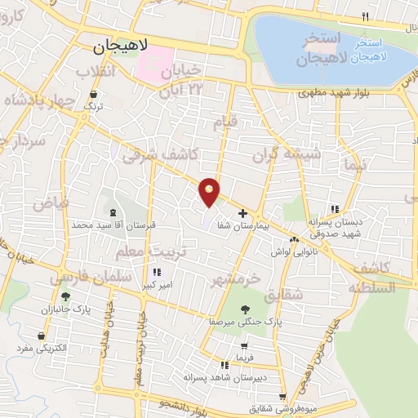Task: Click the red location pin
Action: (210, 191)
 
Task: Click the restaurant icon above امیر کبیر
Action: (155, 273)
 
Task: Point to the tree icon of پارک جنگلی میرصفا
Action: (245, 309)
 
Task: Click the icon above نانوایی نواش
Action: (293, 239)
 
